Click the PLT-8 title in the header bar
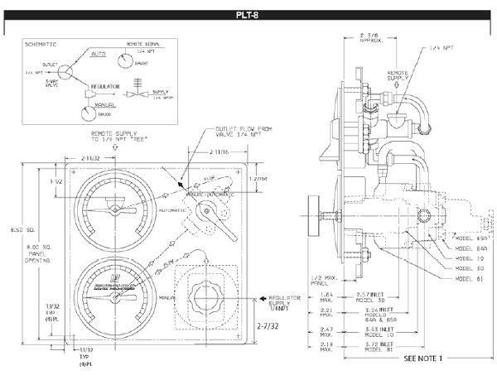click(248, 14)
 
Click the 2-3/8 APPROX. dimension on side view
click(369, 37)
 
